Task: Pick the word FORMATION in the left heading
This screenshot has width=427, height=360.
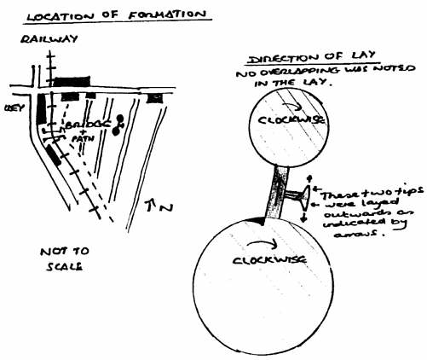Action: (x=154, y=15)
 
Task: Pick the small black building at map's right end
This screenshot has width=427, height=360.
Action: (x=154, y=98)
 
